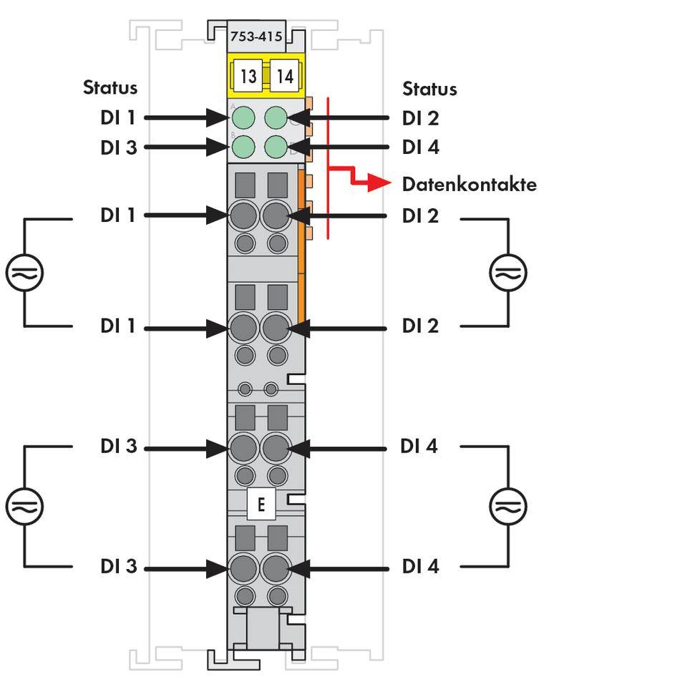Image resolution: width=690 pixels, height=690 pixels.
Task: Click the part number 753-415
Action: click(256, 36)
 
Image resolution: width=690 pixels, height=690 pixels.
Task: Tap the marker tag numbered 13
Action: click(248, 76)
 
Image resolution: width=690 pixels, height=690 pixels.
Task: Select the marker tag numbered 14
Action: click(285, 76)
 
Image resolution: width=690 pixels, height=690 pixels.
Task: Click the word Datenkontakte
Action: click(469, 185)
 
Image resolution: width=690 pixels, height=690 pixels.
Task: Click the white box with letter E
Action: click(261, 505)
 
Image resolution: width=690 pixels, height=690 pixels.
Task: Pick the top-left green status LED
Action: click(245, 117)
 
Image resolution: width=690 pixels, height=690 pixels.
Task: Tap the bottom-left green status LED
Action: click(245, 147)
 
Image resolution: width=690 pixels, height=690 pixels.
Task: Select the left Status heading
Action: click(110, 88)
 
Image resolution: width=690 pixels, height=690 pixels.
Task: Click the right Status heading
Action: click(429, 89)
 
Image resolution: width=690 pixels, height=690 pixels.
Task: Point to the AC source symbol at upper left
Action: click(25, 273)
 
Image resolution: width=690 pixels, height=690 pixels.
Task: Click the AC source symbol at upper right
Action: click(508, 273)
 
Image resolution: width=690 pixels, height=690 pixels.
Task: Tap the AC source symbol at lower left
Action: click(25, 506)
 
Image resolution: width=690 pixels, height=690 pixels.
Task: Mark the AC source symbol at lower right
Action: click(508, 506)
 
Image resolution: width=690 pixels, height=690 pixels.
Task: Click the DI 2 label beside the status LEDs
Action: click(420, 118)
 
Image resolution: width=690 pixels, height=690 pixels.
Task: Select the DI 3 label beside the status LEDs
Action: click(118, 147)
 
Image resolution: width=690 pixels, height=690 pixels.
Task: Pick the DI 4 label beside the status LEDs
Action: click(420, 147)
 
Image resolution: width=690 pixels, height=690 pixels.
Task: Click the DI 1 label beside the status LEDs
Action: click(118, 118)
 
